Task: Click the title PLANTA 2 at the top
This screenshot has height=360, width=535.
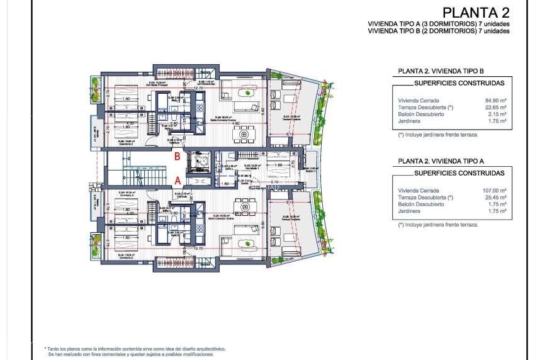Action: pos(476,12)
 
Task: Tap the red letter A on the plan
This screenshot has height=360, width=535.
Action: pos(177,181)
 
